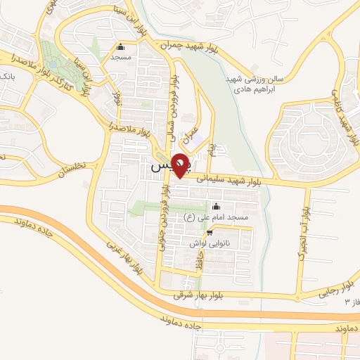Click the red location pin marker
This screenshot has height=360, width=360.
click(x=181, y=165)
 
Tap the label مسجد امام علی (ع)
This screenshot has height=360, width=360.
click(x=217, y=218)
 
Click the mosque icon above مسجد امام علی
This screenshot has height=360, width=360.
click(x=217, y=207)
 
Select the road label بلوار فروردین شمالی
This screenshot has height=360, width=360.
click(x=172, y=109)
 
